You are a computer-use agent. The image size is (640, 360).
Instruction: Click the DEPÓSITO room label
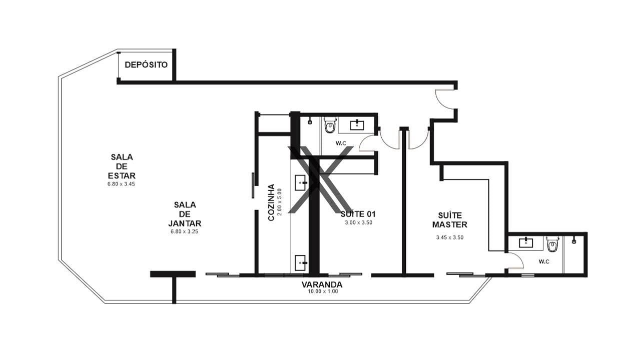click(x=146, y=65)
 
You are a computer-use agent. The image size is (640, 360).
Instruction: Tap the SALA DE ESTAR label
click(x=122, y=166)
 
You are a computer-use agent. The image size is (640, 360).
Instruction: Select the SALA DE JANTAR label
click(x=185, y=214)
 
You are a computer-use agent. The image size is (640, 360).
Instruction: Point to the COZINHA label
click(x=271, y=202)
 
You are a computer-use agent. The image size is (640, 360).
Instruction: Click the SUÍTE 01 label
click(x=358, y=214)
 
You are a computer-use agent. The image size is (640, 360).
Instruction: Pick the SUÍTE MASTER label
click(x=449, y=220)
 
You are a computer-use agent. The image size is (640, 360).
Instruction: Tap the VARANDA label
click(x=322, y=284)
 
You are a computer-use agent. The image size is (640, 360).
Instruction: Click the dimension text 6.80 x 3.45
click(x=121, y=184)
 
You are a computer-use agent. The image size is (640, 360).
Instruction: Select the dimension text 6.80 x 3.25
click(x=184, y=231)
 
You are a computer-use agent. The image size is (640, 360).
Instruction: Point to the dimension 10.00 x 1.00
click(x=323, y=291)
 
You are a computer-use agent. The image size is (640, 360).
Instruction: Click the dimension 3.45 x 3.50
click(x=450, y=237)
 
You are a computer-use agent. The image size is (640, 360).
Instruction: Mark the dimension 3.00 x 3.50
click(x=359, y=222)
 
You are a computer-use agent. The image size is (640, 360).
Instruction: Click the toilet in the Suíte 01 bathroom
click(x=330, y=125)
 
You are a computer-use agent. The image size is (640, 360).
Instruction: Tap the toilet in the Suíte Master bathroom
click(x=552, y=244)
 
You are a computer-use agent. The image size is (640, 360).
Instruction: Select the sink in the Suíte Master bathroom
click(x=526, y=242)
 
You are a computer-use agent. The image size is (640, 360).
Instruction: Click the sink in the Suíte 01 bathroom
click(x=357, y=125)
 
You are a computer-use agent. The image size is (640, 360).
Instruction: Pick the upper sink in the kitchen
click(x=301, y=182)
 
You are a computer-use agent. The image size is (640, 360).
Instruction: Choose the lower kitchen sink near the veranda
click(x=301, y=263)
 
